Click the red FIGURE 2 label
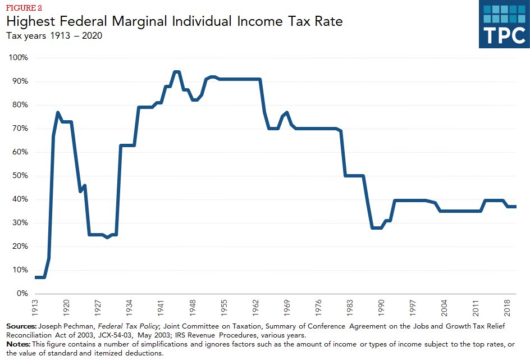pyautogui.click(x=24, y=8)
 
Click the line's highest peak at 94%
pyautogui.click(x=176, y=72)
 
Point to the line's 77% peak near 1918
pyautogui.click(x=58, y=112)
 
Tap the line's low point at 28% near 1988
pyautogui.click(x=376, y=227)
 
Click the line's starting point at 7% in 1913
pyautogui.click(x=36, y=277)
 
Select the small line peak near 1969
pyautogui.click(x=287, y=112)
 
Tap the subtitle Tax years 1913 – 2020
pyautogui.click(x=54, y=36)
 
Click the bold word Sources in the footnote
pyautogui.click(x=21, y=326)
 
